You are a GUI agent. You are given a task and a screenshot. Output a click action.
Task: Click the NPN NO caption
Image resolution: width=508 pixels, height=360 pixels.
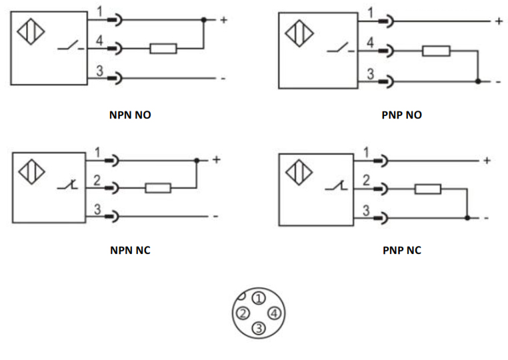tap(130, 115)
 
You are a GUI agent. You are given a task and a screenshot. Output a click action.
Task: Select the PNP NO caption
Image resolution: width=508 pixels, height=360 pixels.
tap(402, 115)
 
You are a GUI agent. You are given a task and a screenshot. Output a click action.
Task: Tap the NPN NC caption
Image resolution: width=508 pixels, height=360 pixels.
tap(130, 251)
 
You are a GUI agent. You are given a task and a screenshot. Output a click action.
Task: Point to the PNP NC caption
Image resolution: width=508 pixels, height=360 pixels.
tap(402, 251)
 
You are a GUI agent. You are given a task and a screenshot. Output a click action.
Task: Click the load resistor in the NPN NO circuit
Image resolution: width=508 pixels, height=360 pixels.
tap(163, 49)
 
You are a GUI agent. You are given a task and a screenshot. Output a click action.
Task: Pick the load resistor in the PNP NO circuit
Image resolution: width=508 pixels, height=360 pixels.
tap(436, 51)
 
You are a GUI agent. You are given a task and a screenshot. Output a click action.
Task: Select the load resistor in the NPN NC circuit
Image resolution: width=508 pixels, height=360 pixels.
tap(158, 188)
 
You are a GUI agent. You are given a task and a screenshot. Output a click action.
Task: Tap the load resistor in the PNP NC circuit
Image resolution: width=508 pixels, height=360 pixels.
tap(427, 189)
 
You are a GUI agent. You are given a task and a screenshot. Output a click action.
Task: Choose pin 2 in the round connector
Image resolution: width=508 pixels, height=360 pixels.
tap(244, 313)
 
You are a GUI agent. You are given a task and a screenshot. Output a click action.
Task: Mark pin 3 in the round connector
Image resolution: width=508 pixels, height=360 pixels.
tap(259, 327)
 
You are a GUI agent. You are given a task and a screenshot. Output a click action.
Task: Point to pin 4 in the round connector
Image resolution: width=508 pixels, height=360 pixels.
tap(274, 313)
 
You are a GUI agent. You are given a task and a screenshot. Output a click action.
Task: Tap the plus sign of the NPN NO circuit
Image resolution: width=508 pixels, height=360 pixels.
tap(223, 20)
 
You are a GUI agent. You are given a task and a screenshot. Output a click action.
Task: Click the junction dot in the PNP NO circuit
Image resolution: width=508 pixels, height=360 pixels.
tap(478, 81)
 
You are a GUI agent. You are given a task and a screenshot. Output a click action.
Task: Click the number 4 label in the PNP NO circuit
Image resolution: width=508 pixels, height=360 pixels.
tap(370, 43)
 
